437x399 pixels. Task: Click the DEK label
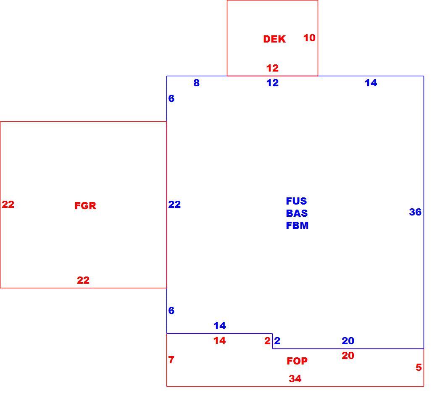274,39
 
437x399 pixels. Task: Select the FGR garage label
85,206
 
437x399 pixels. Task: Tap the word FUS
296,201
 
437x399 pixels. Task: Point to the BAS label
297,213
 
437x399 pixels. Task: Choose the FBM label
297,225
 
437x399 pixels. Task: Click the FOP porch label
297,361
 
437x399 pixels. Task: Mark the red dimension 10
309,38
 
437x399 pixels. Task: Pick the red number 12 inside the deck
272,68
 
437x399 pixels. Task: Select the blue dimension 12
272,82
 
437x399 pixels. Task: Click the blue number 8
197,82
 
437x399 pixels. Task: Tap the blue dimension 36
415,212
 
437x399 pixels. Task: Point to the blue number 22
174,205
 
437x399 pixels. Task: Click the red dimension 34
295,379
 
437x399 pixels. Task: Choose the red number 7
171,359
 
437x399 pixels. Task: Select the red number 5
419,367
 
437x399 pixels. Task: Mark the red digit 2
267,340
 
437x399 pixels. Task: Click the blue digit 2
277,340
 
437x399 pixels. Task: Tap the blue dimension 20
348,340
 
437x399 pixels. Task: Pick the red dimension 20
348,356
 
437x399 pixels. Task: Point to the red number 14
220,340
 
